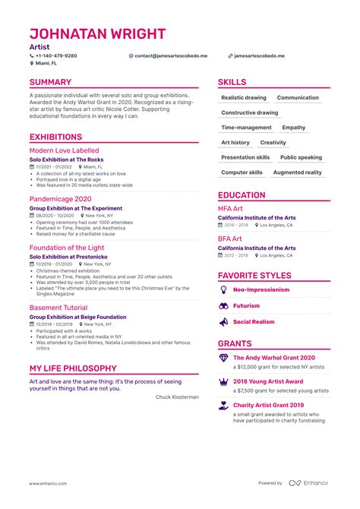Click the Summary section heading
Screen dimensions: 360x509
point(50,82)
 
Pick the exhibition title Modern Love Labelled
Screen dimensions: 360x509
point(63,151)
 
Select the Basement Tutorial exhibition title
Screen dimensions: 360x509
point(57,307)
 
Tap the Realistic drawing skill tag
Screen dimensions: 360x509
point(243,98)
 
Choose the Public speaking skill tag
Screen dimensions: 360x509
point(301,157)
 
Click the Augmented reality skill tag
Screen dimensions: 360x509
point(297,172)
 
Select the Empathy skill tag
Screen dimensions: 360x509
point(293,128)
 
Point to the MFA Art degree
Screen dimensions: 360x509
point(230,208)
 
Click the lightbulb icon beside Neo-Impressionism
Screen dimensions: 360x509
point(223,289)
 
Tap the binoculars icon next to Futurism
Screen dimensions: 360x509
point(223,305)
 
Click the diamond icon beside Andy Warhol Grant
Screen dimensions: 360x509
point(223,357)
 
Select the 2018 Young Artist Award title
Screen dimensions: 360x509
point(267,381)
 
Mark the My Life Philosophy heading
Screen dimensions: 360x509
point(72,368)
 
